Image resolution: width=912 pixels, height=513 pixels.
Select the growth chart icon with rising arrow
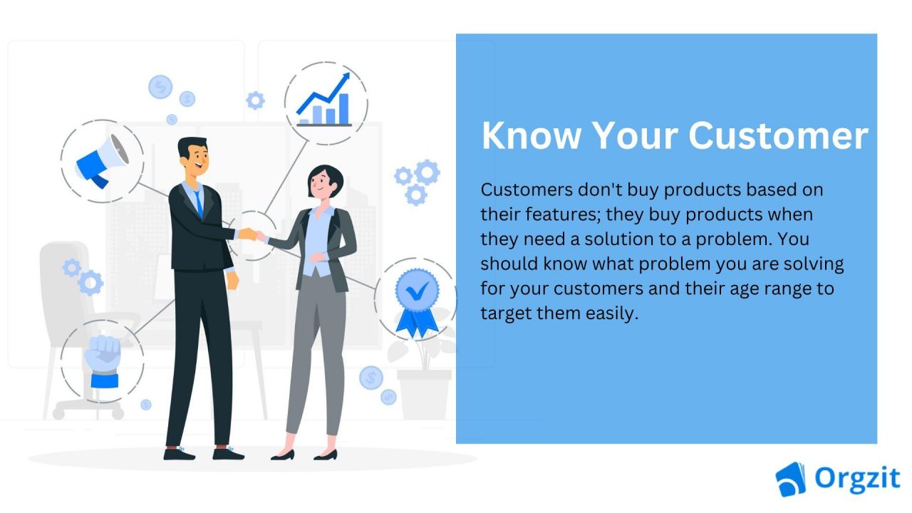pos(325,102)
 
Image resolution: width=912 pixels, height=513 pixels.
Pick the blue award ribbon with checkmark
pos(417,299)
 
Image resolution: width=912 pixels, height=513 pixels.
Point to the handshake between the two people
pos(250,234)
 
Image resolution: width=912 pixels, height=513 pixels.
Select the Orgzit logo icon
pos(790,478)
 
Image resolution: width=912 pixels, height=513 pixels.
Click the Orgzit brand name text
pos(858,479)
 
